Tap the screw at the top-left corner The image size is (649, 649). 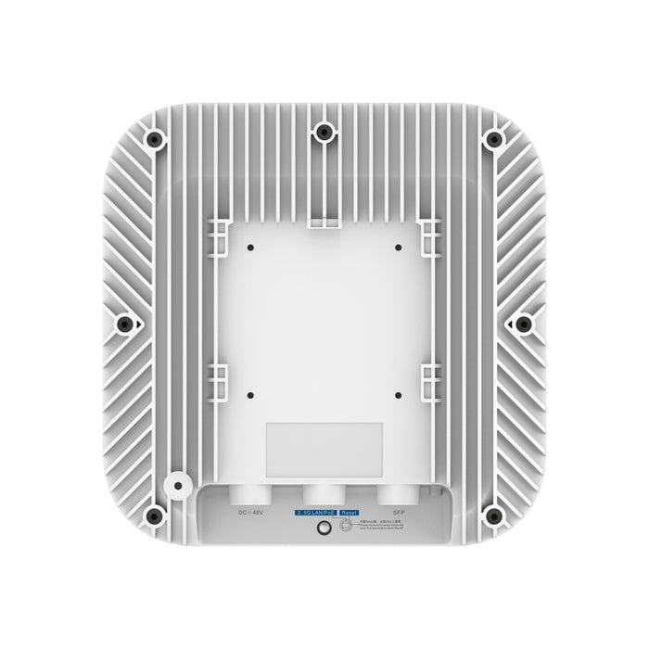coord(155,138)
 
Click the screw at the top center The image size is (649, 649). coord(323,134)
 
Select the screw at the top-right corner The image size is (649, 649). coord(491,138)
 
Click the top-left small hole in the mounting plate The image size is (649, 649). coord(252,248)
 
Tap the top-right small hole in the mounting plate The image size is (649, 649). coord(396,248)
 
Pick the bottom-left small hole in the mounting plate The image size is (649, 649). coord(252,393)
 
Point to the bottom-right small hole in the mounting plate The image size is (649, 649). coord(396,393)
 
